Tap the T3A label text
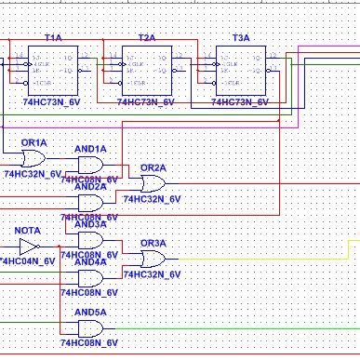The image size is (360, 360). [241, 38]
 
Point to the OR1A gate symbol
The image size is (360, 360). [33, 159]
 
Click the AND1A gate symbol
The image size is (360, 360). [90, 164]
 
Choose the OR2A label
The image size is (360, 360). [153, 167]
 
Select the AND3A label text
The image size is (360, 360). [90, 224]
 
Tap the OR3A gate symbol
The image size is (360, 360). [152, 258]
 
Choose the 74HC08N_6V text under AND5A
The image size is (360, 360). [90, 344]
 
